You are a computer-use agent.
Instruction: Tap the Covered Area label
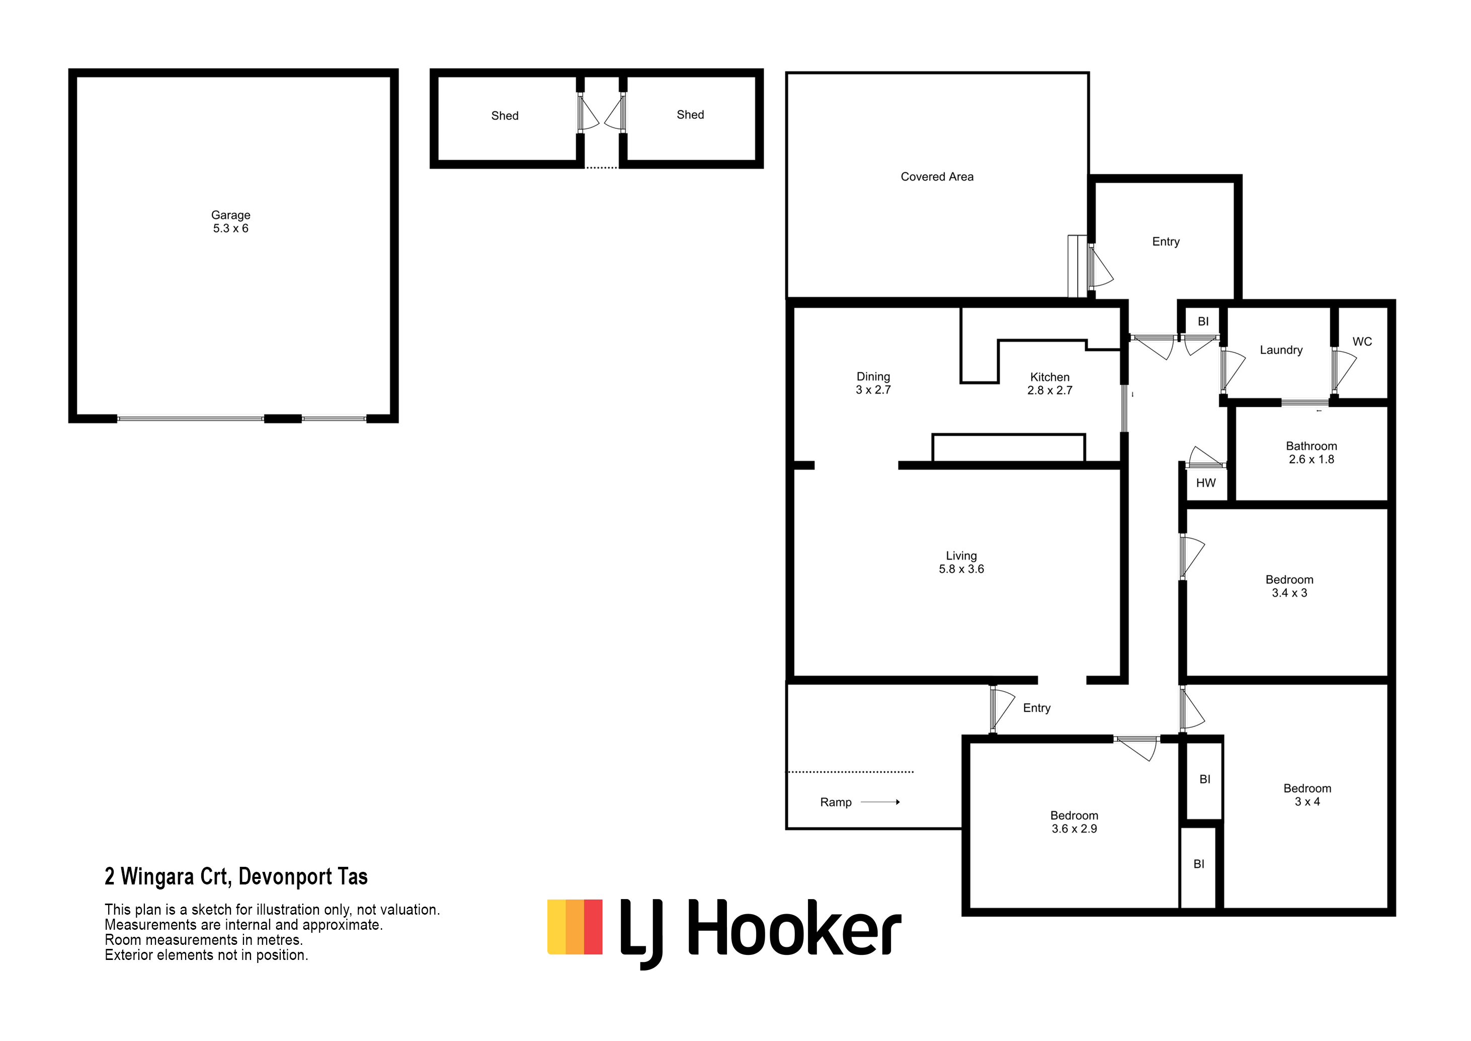coord(937,177)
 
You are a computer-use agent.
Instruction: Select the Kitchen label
coord(1049,383)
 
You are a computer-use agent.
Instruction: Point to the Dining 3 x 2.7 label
coord(873,383)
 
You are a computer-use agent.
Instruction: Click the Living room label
coord(961,562)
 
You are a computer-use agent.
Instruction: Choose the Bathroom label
coord(1312,453)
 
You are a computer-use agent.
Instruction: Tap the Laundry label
coord(1281,350)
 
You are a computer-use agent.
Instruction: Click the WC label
coord(1362,342)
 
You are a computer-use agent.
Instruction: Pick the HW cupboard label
coord(1206,483)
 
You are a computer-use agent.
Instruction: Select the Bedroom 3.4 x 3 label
coord(1289,586)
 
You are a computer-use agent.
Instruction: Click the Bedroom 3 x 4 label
coord(1307,795)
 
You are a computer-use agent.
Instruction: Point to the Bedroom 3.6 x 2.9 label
coord(1074,822)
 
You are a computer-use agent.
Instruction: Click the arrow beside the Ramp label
coord(880,802)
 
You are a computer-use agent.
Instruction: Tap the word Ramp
coord(836,802)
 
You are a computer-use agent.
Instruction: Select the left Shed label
coord(505,116)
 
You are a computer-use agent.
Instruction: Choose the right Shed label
coord(690,115)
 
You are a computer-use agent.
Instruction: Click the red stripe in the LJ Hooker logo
coord(593,927)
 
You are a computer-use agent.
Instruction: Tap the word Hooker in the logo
coord(794,928)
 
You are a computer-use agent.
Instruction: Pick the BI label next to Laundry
coord(1203,322)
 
